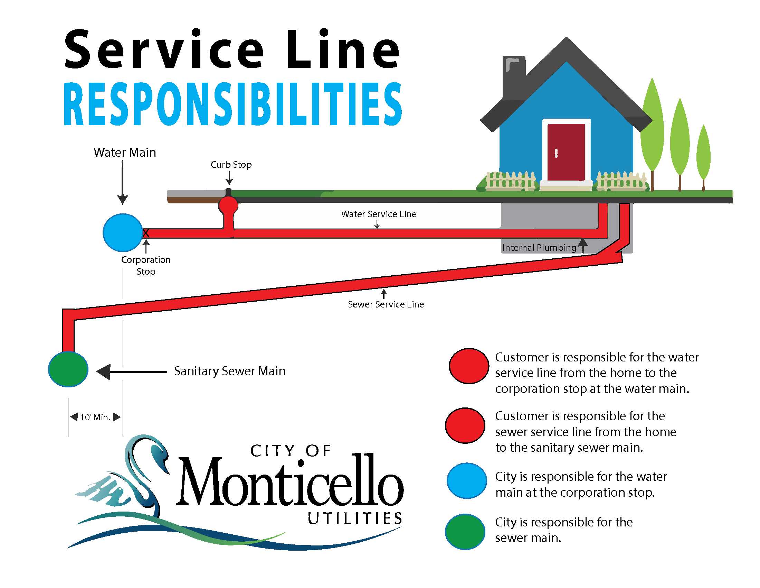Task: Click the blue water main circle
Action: point(123,232)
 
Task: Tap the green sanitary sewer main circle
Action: point(68,369)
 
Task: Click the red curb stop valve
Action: point(228,205)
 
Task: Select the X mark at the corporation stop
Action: point(146,233)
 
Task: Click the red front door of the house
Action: point(566,152)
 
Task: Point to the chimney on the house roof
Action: point(514,75)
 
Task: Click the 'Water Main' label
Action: point(125,153)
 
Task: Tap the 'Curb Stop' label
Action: point(231,164)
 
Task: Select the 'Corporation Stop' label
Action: point(145,265)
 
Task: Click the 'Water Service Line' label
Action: point(379,214)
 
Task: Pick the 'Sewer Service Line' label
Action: point(386,304)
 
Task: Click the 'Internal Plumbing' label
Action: point(539,247)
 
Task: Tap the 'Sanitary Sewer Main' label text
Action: point(230,371)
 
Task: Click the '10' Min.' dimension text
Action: point(95,417)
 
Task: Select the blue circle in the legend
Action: point(467,480)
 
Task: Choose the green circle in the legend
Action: point(465,532)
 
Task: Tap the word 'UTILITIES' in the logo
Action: point(355,519)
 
